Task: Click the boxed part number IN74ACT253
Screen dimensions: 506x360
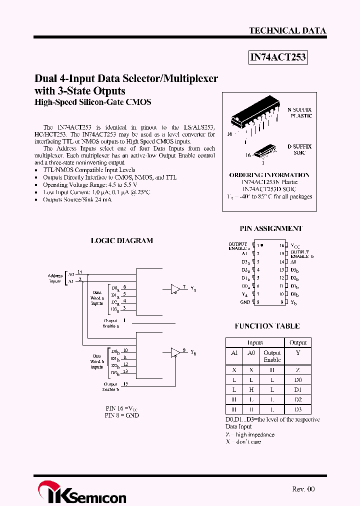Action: (x=277, y=57)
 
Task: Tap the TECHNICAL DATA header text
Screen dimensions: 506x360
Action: (x=287, y=30)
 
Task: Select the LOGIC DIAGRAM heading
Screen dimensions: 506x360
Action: (x=121, y=240)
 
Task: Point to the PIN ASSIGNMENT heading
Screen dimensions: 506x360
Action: (x=271, y=228)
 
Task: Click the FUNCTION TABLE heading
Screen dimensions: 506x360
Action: (x=267, y=326)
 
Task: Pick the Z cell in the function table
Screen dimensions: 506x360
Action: (x=298, y=369)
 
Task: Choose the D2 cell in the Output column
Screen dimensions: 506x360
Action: (x=298, y=399)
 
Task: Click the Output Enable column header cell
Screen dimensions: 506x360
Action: (x=272, y=356)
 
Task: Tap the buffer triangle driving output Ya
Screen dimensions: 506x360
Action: (x=175, y=289)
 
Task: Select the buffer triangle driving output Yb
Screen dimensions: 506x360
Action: (x=175, y=352)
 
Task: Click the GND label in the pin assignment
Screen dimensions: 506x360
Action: (x=245, y=302)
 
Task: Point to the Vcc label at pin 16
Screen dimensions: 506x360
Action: (x=296, y=246)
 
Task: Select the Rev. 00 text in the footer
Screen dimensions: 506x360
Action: (x=303, y=489)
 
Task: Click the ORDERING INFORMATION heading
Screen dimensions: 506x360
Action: (x=269, y=175)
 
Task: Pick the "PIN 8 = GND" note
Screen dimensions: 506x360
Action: (x=121, y=415)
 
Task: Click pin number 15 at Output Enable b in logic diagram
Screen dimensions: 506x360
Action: (x=125, y=384)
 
